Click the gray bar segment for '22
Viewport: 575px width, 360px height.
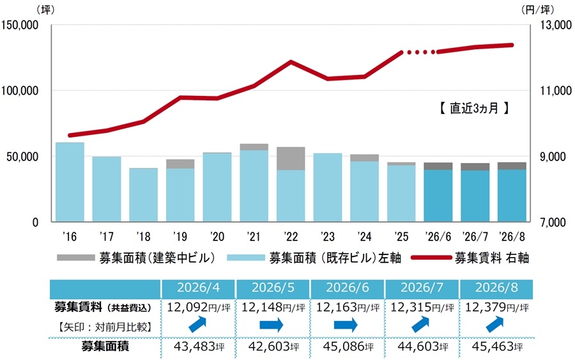tap(291, 159)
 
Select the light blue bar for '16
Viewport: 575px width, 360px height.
tap(70, 182)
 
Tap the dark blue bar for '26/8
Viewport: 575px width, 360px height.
tap(512, 196)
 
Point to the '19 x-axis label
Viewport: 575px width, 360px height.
tap(180, 237)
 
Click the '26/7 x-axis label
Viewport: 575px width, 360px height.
tap(475, 237)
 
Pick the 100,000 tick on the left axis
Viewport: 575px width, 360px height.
tap(20, 91)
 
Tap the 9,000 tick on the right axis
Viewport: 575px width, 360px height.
tap(553, 157)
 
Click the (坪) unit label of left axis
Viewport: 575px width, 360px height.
tap(45, 10)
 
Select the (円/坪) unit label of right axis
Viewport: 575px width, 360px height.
tap(537, 10)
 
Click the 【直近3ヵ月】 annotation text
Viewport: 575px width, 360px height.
tap(474, 108)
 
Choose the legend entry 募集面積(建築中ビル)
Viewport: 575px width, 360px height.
tap(136, 258)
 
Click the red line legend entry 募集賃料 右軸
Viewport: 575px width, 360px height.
tap(470, 258)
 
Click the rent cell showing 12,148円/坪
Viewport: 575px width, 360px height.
tap(273, 307)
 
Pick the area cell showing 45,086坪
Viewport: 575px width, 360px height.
tap(348, 347)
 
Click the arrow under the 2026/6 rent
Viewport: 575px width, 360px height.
tap(346, 325)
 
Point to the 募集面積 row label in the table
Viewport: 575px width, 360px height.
tap(105, 347)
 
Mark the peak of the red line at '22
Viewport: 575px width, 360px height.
tap(291, 61)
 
